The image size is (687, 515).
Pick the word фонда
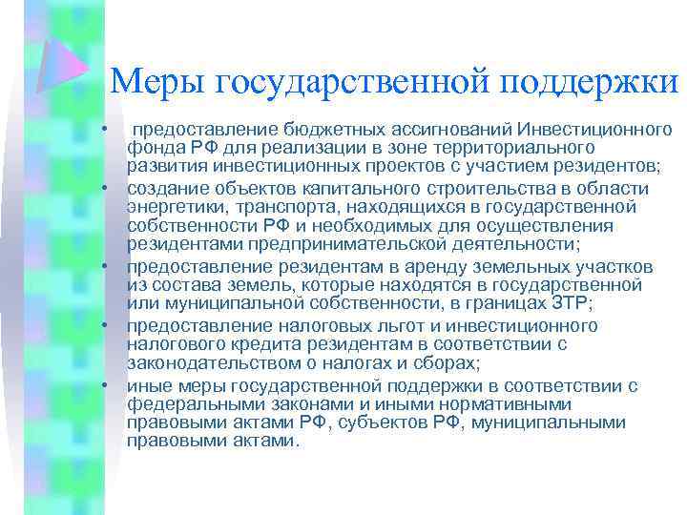pos(152,148)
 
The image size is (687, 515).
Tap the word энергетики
pos(170,207)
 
